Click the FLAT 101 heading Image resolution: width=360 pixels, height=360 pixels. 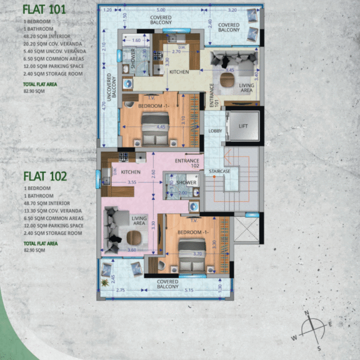pyautogui.click(x=44, y=9)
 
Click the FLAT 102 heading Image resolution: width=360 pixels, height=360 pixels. pyautogui.click(x=45, y=176)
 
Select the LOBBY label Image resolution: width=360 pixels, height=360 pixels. pyautogui.click(x=215, y=131)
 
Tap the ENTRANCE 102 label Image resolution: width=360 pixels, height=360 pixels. pyautogui.click(x=187, y=164)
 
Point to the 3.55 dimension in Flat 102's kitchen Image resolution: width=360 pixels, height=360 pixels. pyautogui.click(x=131, y=182)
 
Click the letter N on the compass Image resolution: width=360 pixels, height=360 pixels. pyautogui.click(x=307, y=313)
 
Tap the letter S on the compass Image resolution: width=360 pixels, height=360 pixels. pyautogui.click(x=318, y=347)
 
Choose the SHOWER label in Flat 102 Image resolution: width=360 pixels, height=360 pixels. pyautogui.click(x=186, y=182)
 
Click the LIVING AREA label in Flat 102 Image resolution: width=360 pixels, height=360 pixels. pyautogui.click(x=139, y=221)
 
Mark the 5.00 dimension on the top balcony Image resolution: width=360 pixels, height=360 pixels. pyautogui.click(x=161, y=11)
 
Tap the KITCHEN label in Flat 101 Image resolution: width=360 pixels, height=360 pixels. pyautogui.click(x=179, y=72)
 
